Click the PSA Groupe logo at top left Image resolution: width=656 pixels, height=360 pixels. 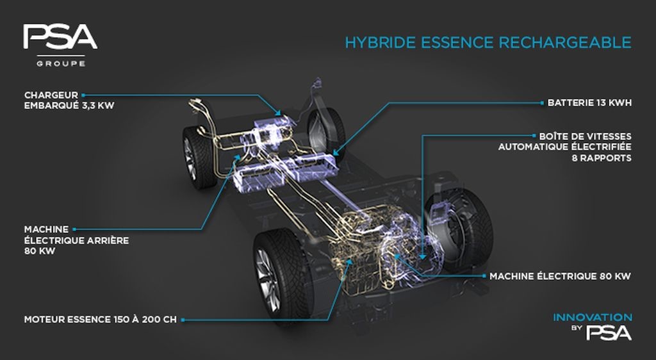click(x=60, y=45)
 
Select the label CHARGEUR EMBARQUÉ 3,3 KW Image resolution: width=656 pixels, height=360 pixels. click(x=69, y=101)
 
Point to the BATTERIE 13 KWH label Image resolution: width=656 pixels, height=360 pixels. click(x=589, y=102)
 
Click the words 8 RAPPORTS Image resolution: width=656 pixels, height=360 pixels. click(x=602, y=158)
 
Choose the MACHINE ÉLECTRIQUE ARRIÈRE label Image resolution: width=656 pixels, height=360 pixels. click(x=77, y=240)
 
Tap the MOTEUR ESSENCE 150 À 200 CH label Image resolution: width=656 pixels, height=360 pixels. click(x=101, y=320)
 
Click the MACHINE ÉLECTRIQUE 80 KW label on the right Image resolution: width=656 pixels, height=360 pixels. click(x=560, y=276)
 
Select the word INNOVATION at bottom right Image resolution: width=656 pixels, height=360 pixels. click(x=593, y=317)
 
